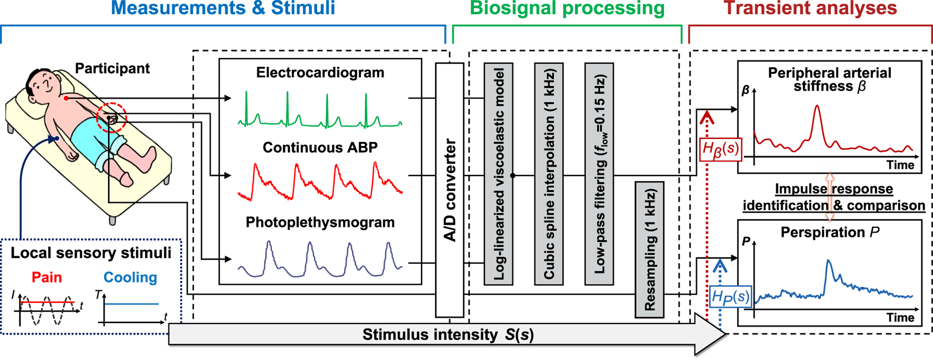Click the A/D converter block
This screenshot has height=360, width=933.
449,189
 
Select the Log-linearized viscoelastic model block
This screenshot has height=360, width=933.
498,174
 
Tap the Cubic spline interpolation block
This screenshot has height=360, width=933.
549,174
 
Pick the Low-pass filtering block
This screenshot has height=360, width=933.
599,174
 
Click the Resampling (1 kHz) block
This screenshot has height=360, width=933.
649,249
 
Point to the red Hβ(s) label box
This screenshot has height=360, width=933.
720,149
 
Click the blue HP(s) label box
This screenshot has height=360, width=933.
730,296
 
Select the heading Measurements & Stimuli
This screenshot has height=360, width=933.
223,8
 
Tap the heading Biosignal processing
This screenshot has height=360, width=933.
567,8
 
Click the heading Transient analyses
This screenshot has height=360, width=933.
810,8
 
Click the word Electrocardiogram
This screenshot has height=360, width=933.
320,73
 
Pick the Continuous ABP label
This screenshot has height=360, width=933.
320,147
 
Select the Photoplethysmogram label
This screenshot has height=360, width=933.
320,222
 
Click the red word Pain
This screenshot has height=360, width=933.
46,277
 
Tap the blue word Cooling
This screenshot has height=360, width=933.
130,277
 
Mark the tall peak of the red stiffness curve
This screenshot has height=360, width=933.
817,107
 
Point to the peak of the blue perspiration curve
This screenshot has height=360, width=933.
829,261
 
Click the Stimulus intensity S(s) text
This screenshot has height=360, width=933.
448,335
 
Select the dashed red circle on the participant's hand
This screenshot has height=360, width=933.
111,117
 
